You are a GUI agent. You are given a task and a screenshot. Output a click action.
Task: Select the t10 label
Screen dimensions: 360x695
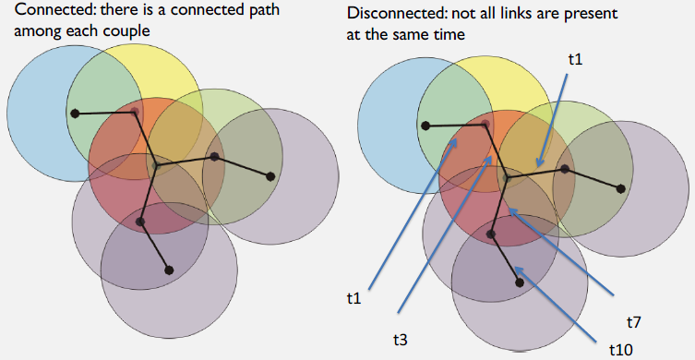coord(622,349)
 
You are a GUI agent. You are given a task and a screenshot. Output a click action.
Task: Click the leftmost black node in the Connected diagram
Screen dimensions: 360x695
coord(74,114)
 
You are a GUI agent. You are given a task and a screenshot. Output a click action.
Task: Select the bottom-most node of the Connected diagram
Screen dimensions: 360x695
coord(169,270)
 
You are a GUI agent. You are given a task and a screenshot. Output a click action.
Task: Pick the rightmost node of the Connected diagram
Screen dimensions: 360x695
coord(271,176)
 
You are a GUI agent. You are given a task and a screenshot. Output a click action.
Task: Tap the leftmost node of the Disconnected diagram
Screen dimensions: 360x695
coord(425,126)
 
